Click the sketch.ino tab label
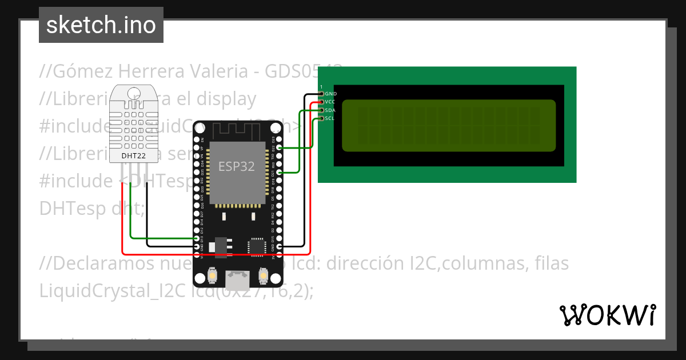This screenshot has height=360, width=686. pos(101,25)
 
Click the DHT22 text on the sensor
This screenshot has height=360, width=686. pos(133,155)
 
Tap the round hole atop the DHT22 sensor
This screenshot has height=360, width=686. pos(133,93)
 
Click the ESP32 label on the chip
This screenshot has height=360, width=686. pos(236,166)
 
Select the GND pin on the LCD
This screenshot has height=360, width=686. pos(322,93)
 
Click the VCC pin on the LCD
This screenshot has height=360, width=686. pos(322,102)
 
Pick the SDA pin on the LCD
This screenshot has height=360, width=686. pos(322,110)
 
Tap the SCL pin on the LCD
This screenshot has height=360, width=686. pos(322,118)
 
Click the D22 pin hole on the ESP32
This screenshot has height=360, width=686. pos(279,147)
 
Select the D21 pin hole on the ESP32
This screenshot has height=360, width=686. pos(279,172)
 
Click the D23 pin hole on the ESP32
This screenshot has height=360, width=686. pos(279,139)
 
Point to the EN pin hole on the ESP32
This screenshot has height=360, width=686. pos(197,139)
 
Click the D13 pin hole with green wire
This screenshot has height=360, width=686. pos(197,238)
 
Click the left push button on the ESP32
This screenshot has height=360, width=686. pos(212,275)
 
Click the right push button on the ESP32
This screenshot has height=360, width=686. pos(264,275)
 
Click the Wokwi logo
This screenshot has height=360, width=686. pos(607,315)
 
